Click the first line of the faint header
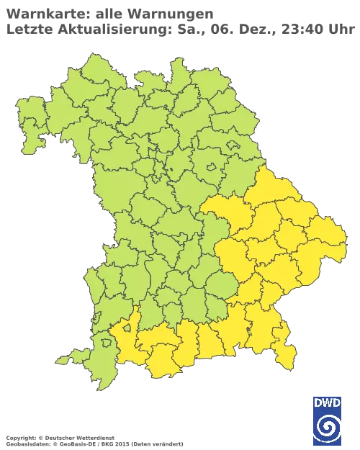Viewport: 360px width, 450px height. pos(108,13)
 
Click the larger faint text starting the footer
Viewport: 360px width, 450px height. pos(58,437)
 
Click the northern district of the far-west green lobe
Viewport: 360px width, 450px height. pos(29,115)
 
